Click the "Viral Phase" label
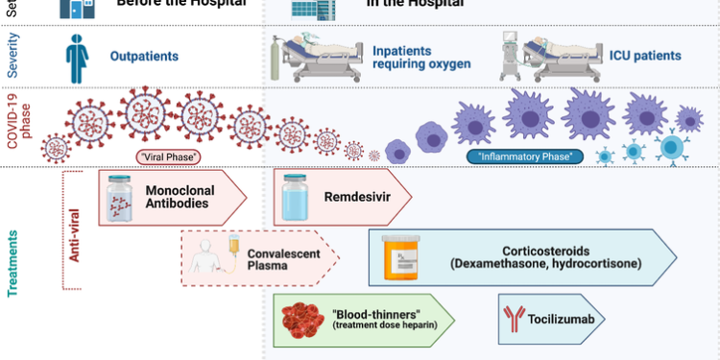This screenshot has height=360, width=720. click(168, 156)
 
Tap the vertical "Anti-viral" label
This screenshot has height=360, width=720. click(74, 230)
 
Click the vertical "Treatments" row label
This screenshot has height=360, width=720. click(13, 259)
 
